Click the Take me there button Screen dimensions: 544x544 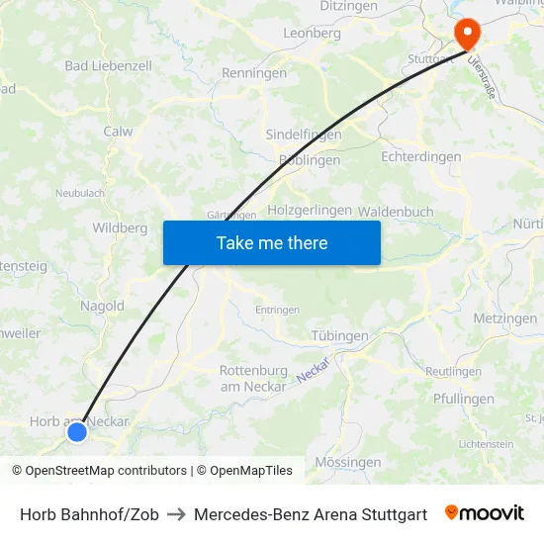pos(272,242)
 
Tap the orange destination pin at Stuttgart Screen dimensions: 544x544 pos(466,36)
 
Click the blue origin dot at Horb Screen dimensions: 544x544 pos(76,431)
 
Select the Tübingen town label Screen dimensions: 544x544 pos(339,336)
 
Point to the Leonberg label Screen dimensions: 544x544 pos(312,33)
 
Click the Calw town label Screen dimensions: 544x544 pos(118,131)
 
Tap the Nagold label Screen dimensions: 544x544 pos(102,307)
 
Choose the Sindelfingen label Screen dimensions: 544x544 pos(304,135)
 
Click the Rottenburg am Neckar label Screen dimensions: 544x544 pos(253,378)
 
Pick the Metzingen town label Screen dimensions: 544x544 pos(505,318)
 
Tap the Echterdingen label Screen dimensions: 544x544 pos(421,157)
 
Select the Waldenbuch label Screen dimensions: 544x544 pos(396,212)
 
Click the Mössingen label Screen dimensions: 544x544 pos(347,462)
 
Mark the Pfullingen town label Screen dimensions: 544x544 pos(464,400)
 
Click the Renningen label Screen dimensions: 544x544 pos(254,73)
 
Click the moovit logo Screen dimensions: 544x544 pos(485,513)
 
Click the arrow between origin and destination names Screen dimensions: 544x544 pos(176,514)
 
